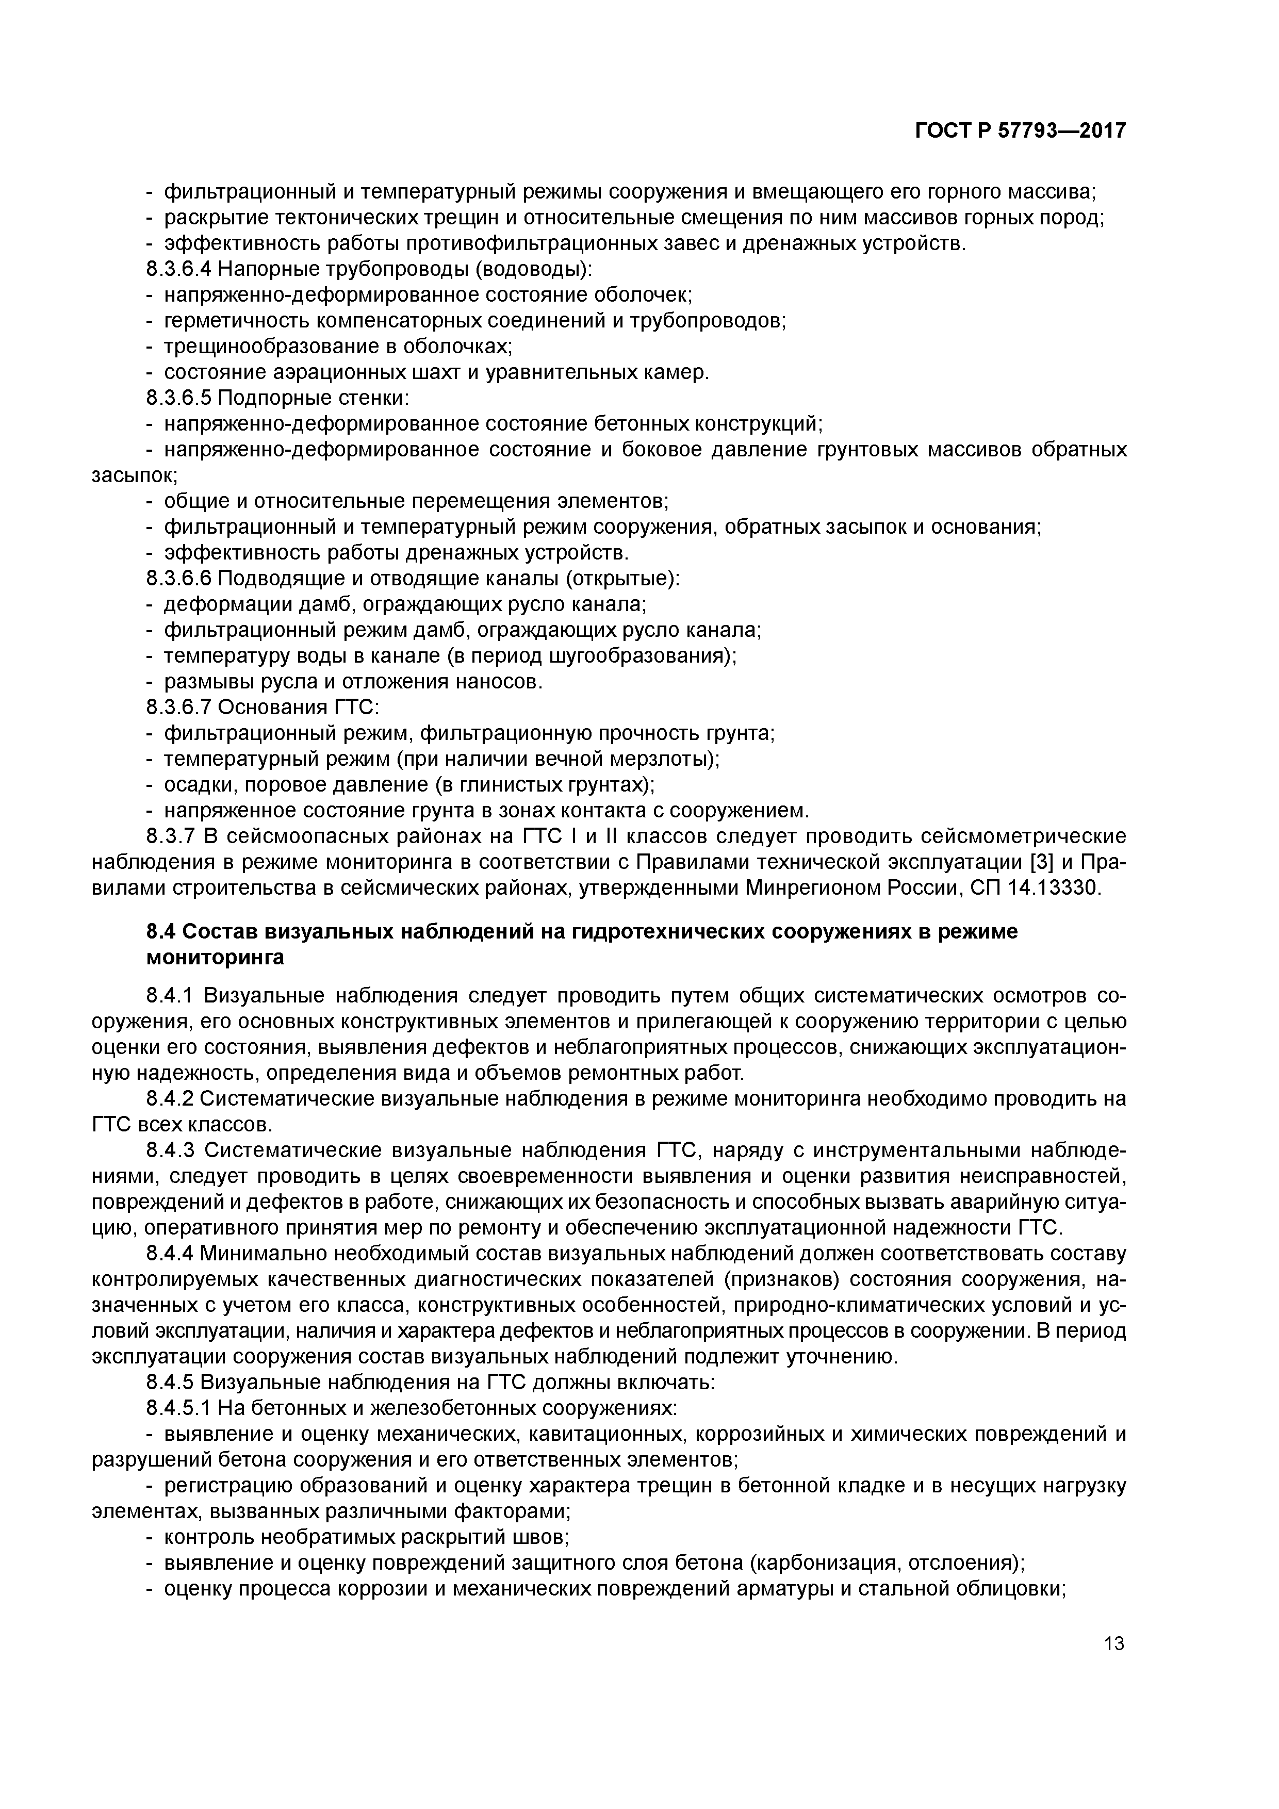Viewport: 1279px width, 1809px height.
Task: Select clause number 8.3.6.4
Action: (179, 270)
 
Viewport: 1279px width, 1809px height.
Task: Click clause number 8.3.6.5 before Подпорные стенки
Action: (179, 398)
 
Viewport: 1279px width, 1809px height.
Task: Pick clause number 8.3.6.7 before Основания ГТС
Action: (179, 708)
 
